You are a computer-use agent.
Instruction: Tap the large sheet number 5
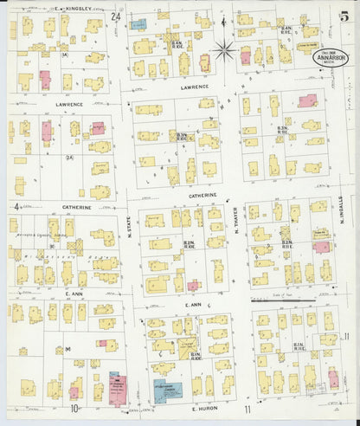344,11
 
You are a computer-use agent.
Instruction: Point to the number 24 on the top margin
116,16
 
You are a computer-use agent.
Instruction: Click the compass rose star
223,48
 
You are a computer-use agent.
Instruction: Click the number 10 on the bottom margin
76,407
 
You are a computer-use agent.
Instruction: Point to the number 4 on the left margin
16,207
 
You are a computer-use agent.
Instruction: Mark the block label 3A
64,54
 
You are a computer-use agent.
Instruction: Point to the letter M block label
67,350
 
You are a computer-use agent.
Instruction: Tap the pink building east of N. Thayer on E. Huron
332,378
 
